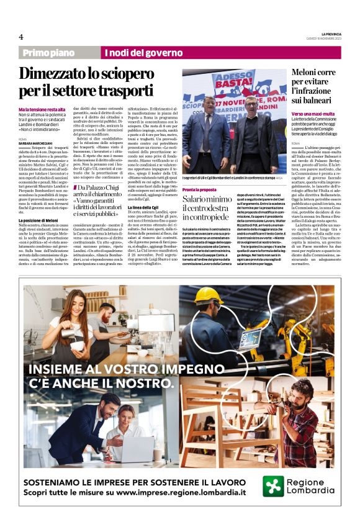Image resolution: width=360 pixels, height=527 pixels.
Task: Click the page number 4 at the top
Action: [21, 37]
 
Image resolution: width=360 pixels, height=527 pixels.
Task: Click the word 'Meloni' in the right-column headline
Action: [308, 72]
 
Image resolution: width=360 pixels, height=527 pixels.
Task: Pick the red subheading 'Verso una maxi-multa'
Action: [313, 114]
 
